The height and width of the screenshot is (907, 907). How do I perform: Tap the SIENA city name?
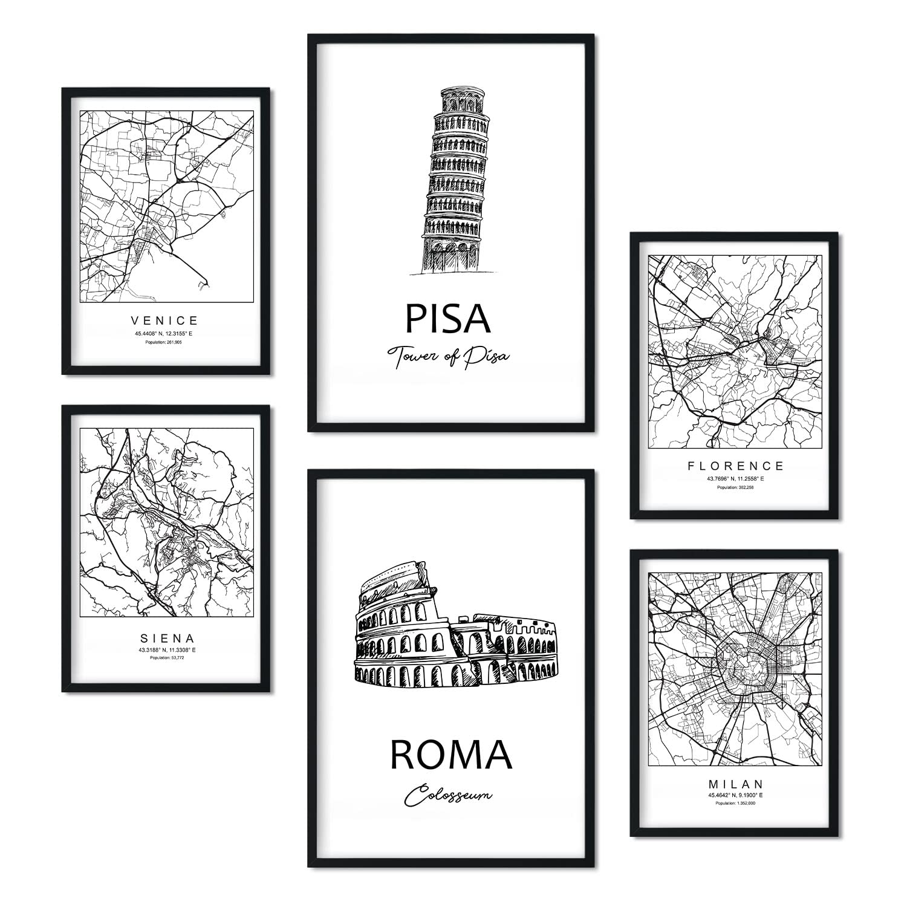tap(164, 638)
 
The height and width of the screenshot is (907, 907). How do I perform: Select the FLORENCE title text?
tap(735, 466)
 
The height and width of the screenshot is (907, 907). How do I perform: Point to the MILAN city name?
tap(735, 784)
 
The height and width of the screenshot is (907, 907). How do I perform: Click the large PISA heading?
tap(447, 319)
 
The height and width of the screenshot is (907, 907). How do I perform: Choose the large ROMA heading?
tap(451, 755)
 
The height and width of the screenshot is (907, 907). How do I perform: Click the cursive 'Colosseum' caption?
tap(448, 796)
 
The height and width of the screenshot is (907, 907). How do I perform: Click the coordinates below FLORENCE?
tap(735, 478)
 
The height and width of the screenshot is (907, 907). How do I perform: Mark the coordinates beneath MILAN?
tap(735, 795)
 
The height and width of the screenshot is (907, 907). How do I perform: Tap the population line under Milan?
tap(735, 804)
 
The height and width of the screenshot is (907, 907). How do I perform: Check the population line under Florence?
tap(735, 487)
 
